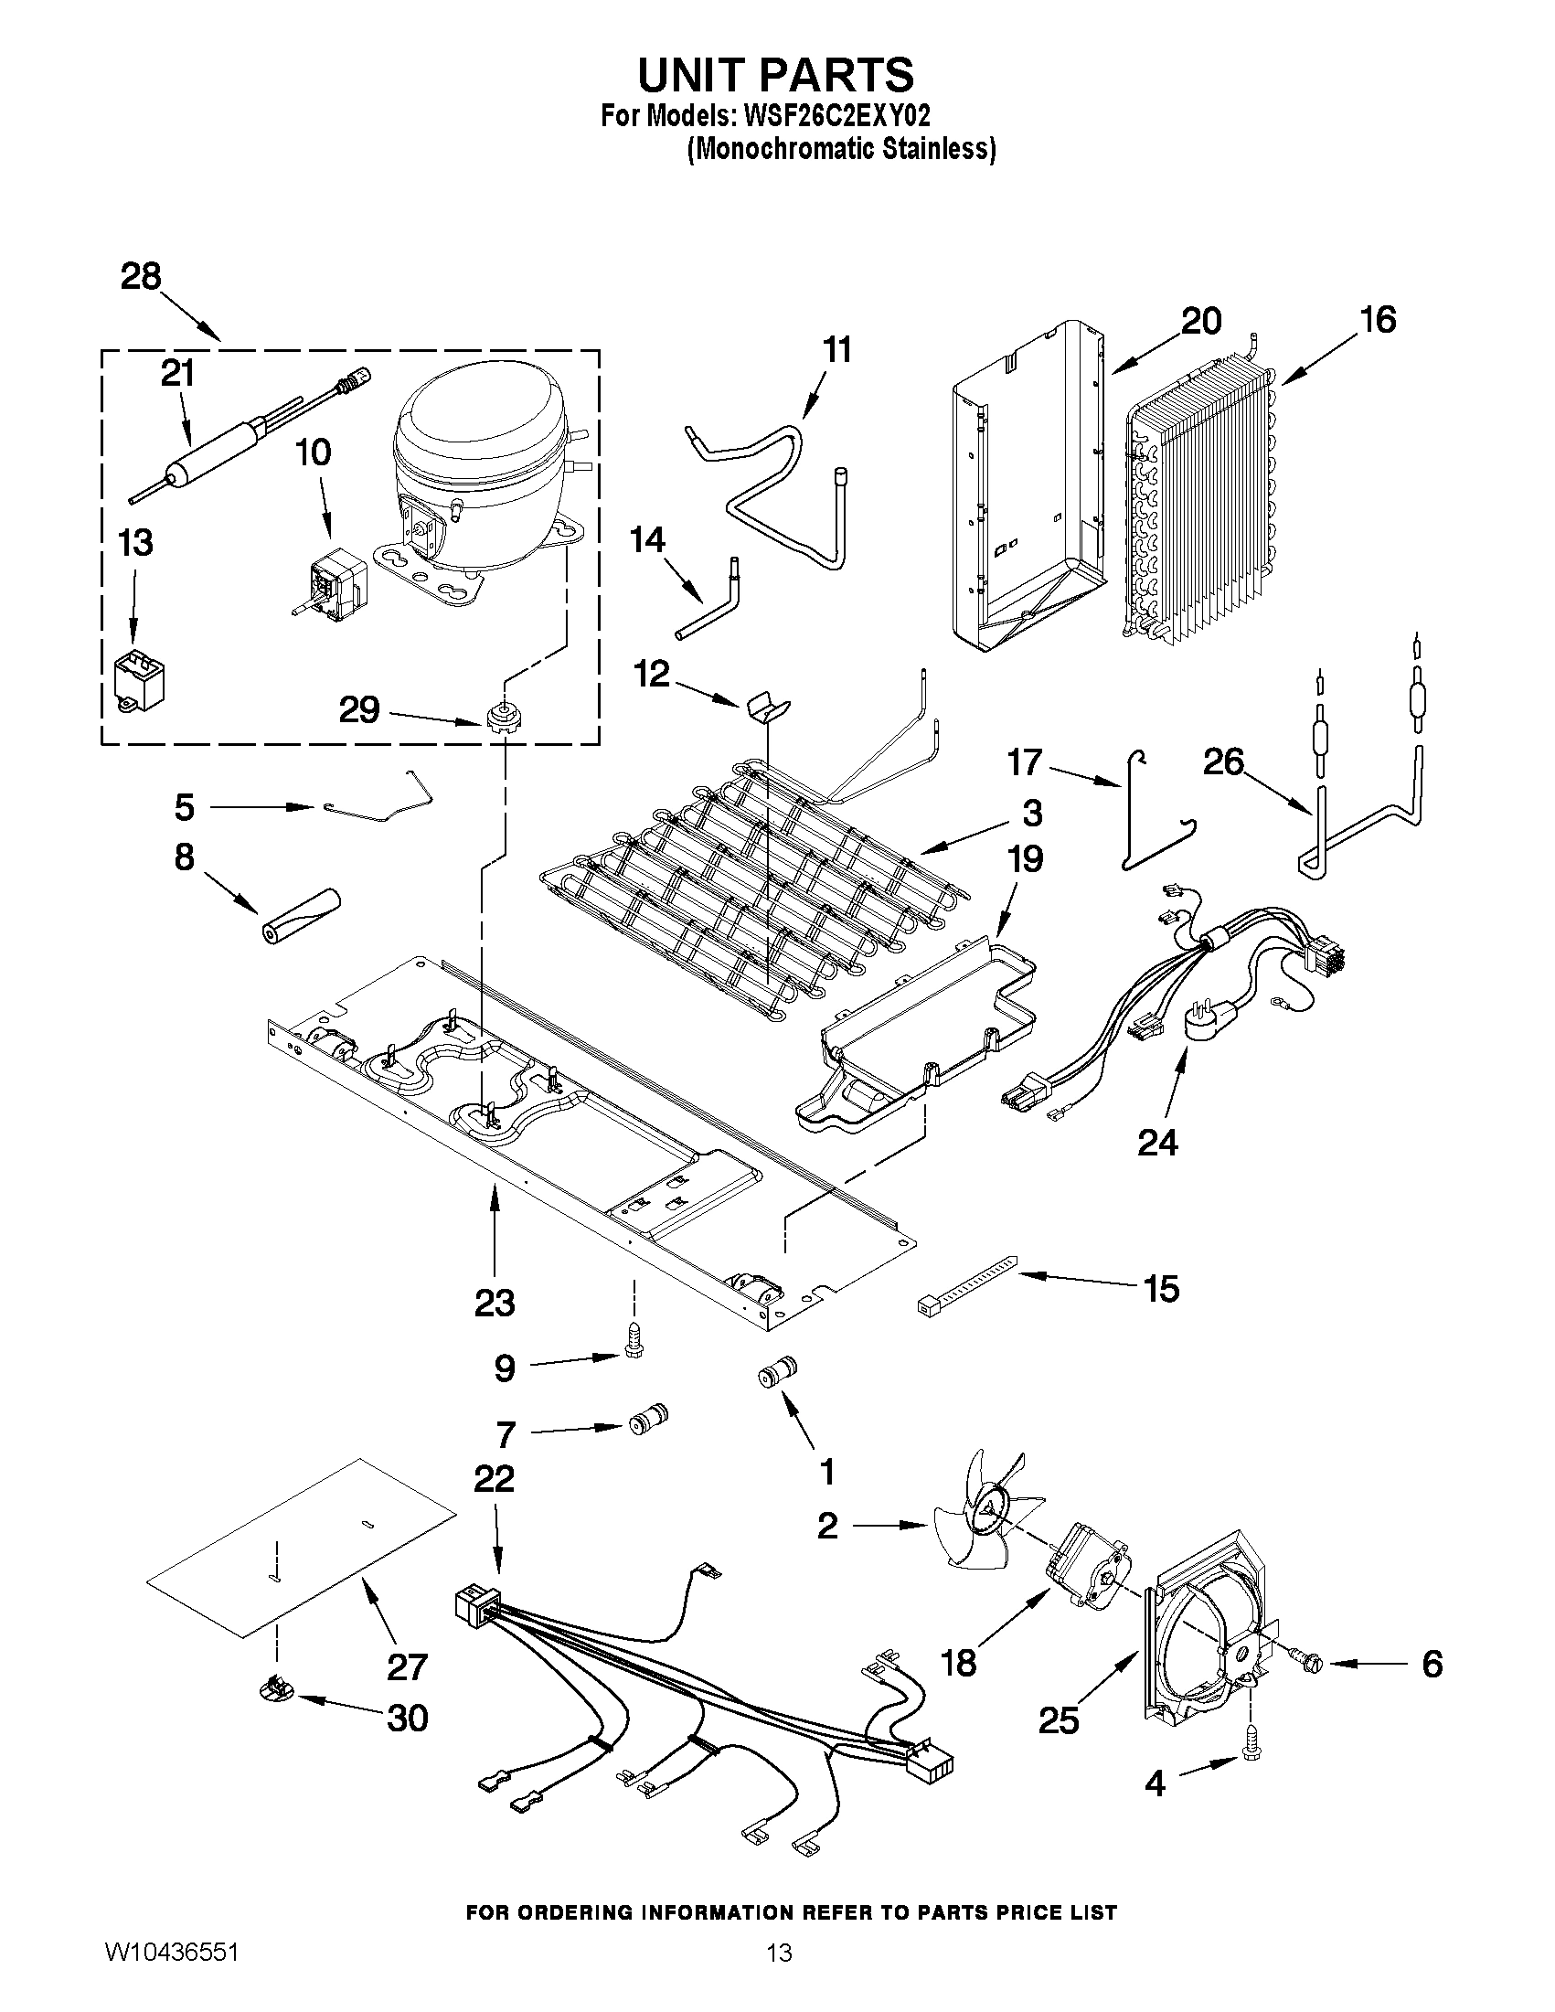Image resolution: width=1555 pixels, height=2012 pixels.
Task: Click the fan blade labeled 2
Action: tap(981, 1526)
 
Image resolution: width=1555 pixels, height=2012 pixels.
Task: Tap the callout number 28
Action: tap(141, 276)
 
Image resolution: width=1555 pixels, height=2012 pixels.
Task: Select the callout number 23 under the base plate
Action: tap(495, 1303)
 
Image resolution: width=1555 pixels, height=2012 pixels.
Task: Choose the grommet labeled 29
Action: tap(500, 715)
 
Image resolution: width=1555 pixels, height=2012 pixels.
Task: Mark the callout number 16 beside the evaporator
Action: tap(1378, 320)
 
